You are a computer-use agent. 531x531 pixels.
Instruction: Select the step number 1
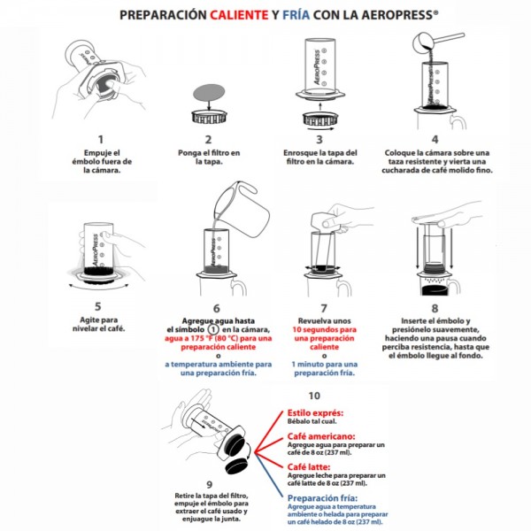(100, 139)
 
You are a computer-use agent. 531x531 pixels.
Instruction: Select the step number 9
(209, 485)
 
